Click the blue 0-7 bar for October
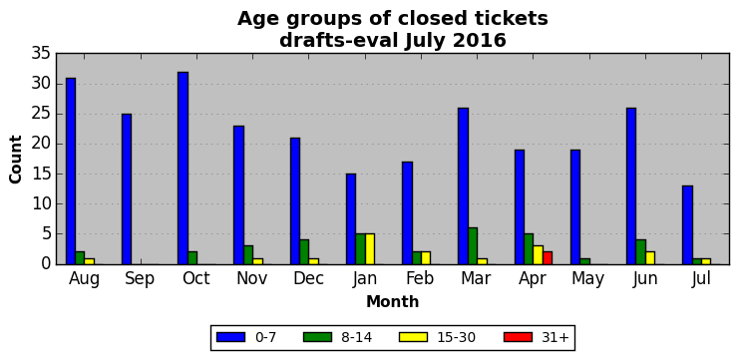pyautogui.click(x=183, y=169)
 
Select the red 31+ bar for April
pyautogui.click(x=548, y=258)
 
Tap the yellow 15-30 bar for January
pyautogui.click(x=370, y=249)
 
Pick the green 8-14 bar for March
pyautogui.click(x=473, y=246)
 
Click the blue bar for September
pyautogui.click(x=127, y=188)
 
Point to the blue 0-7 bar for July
pyautogui.click(x=687, y=225)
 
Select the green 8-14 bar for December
pyautogui.click(x=304, y=252)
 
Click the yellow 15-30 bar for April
pyautogui.click(x=539, y=255)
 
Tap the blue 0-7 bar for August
pyautogui.click(x=71, y=172)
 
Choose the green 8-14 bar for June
pyautogui.click(x=641, y=252)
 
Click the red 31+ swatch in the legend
pyautogui.click(x=518, y=337)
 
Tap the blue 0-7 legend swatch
pyautogui.click(x=230, y=337)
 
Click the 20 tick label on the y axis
pyautogui.click(x=41, y=145)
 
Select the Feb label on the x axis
pyautogui.click(x=420, y=279)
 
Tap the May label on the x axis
pyautogui.click(x=588, y=280)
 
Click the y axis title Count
pyautogui.click(x=16, y=159)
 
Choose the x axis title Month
pyautogui.click(x=393, y=301)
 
